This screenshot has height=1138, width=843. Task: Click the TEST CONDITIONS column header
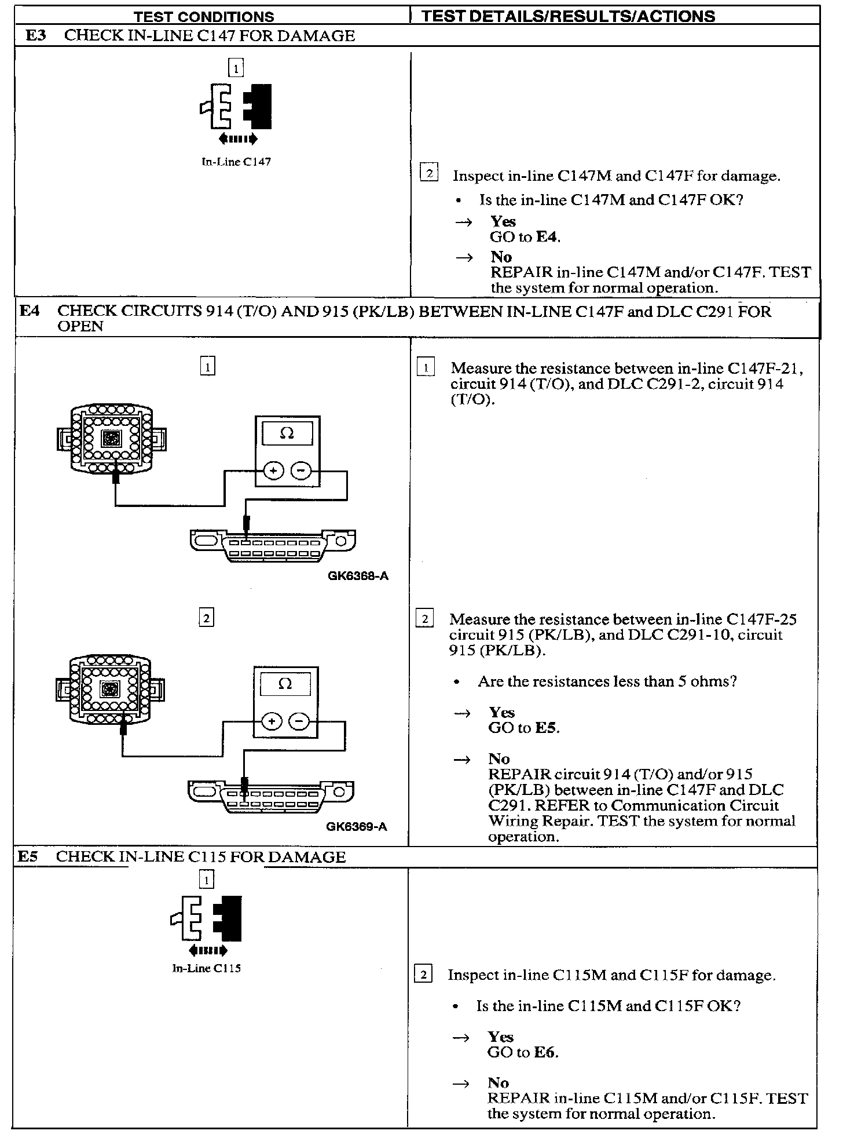pos(204,17)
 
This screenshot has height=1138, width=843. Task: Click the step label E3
pos(36,35)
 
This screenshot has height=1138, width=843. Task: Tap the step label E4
pos(30,311)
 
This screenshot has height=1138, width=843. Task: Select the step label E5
pos(28,856)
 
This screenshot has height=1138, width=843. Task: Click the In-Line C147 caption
pos(236,162)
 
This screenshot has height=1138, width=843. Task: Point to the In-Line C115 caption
pos(206,968)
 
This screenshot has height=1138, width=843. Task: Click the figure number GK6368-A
pos(358,576)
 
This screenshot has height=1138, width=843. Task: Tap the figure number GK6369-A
pos(356,827)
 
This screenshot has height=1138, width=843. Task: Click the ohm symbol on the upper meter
pos(287,433)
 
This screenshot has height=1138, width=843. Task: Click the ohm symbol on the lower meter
pos(285,684)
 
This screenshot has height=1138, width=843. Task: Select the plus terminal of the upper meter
pos(273,471)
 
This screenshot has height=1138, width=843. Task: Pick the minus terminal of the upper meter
pos(300,471)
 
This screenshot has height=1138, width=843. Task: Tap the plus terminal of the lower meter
pos(272,722)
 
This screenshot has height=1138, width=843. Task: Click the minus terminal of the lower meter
pos(299,722)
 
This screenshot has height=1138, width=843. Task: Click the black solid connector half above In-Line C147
pos(258,107)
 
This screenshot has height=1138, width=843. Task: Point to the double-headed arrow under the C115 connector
pos(208,950)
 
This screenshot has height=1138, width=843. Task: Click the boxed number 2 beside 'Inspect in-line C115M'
pos(423,975)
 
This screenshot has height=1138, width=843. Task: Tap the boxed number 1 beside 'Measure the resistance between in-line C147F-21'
pos(426,367)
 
